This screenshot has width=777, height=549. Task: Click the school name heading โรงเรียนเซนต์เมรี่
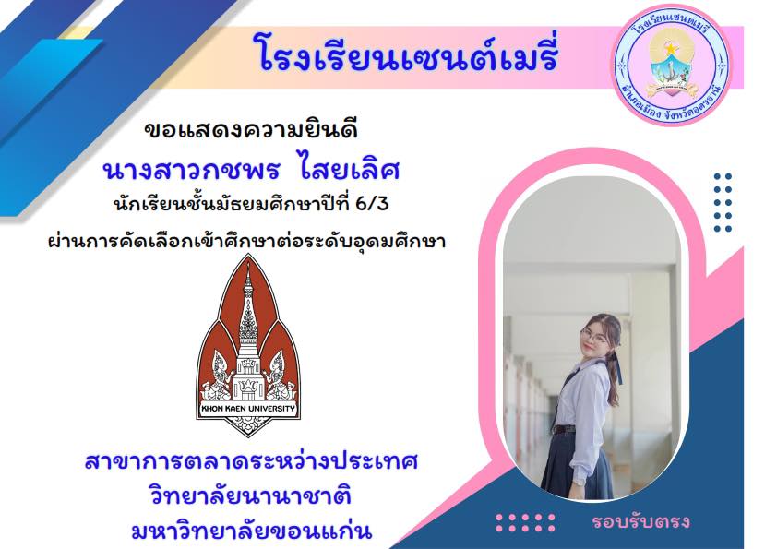click(x=405, y=55)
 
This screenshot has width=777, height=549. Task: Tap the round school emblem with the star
click(x=673, y=65)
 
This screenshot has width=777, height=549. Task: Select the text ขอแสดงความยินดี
click(x=251, y=130)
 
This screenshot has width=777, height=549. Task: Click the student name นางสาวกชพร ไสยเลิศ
click(x=251, y=170)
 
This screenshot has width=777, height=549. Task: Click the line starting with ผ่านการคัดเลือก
click(x=246, y=242)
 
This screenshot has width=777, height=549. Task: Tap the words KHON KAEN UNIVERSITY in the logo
click(x=247, y=409)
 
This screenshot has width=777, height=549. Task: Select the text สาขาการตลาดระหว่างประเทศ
click(x=251, y=461)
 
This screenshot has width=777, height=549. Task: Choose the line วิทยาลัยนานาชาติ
click(x=250, y=496)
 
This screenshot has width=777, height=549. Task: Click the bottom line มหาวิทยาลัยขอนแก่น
click(x=251, y=531)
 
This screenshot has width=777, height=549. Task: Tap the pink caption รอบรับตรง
click(x=640, y=521)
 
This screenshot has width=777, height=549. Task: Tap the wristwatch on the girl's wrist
click(x=579, y=481)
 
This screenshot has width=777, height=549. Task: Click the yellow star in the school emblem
click(x=672, y=49)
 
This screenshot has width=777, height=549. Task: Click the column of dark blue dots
click(x=723, y=202)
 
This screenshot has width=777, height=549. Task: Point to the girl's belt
click(x=565, y=429)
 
